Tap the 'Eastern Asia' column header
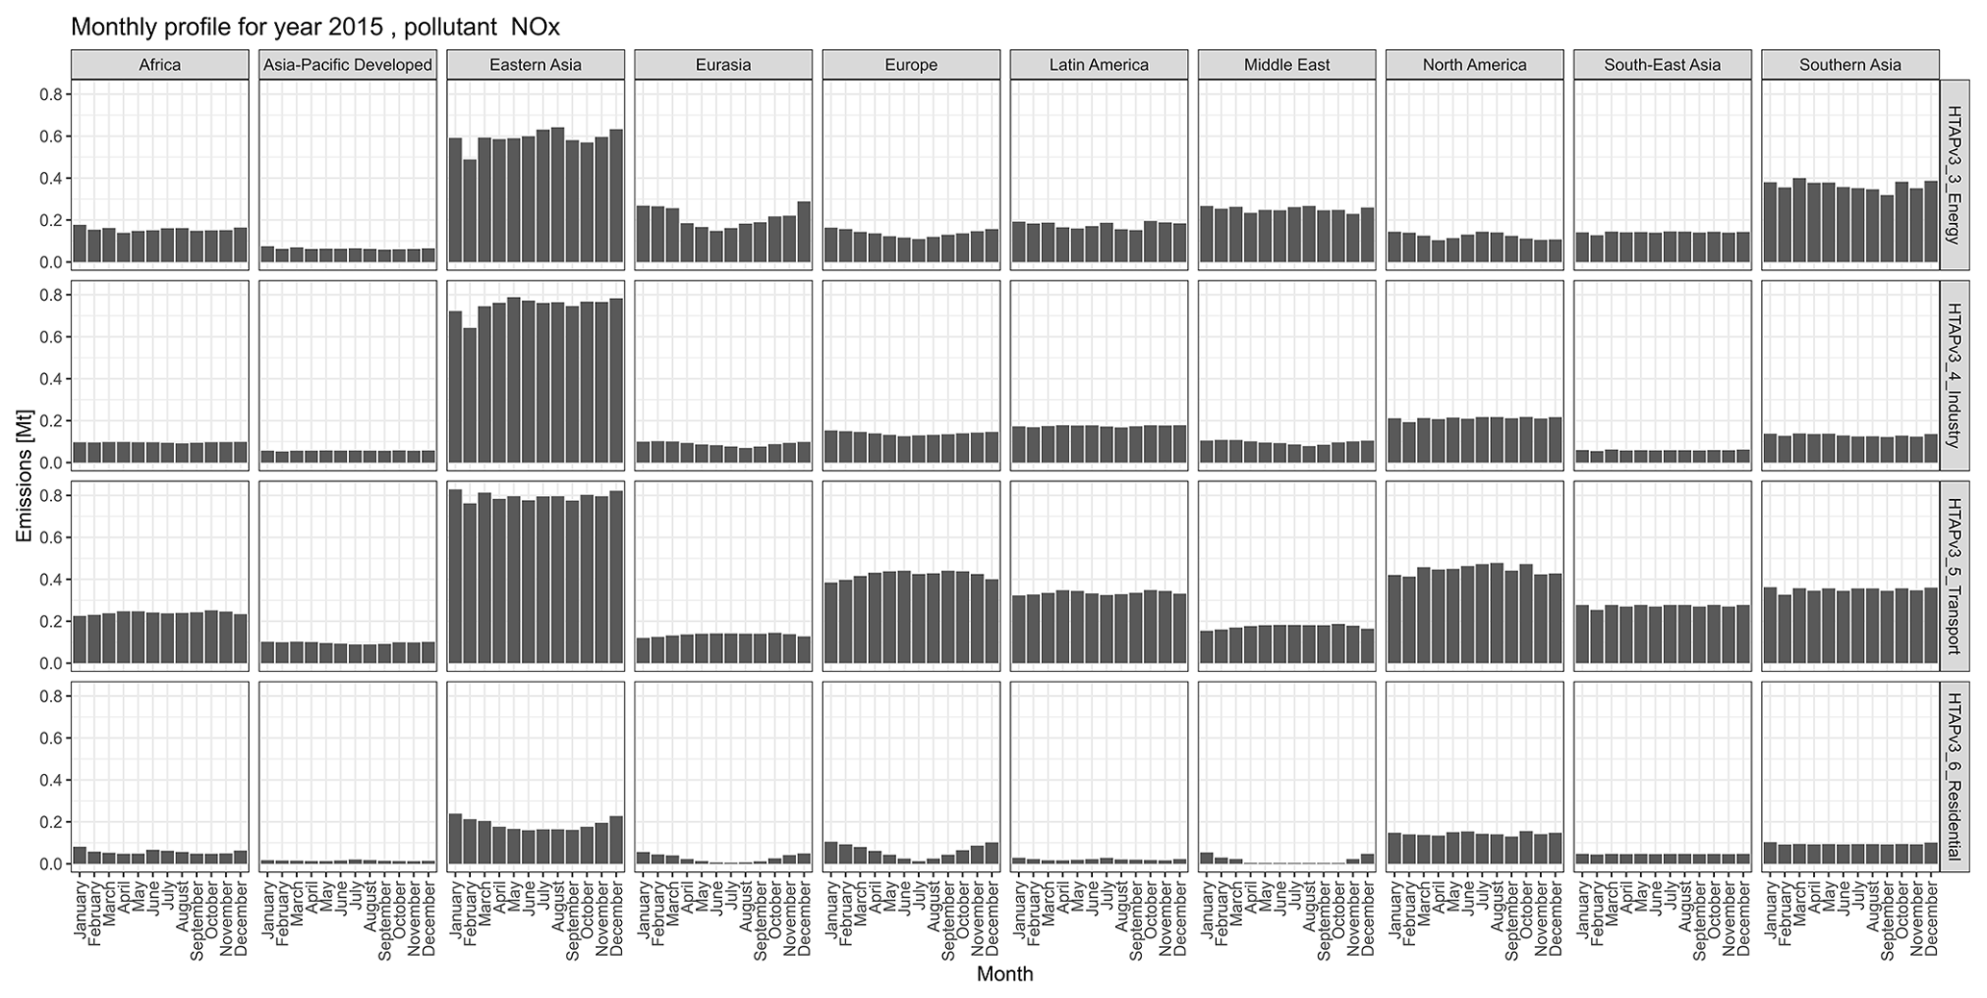pos(535,65)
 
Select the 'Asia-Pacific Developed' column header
pos(348,65)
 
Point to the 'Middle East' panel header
pos(1287,65)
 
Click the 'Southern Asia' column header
pos(1850,65)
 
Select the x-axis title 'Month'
pos(1005,974)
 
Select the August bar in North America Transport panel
pos(1497,613)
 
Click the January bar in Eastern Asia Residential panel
pos(455,839)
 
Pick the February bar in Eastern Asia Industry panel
pos(469,396)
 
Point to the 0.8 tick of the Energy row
pos(51,94)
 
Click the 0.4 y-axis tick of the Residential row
pos(51,780)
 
